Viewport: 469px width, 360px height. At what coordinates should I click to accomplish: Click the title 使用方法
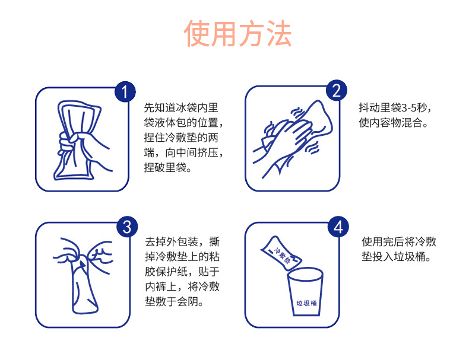[x=237, y=34]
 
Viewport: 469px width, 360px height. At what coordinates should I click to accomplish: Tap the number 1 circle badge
[x=125, y=92]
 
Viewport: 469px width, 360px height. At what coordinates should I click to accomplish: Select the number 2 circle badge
[x=335, y=91]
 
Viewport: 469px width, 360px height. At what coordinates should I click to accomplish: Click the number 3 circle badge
[x=126, y=227]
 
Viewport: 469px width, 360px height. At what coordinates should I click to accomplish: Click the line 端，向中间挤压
[x=182, y=154]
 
